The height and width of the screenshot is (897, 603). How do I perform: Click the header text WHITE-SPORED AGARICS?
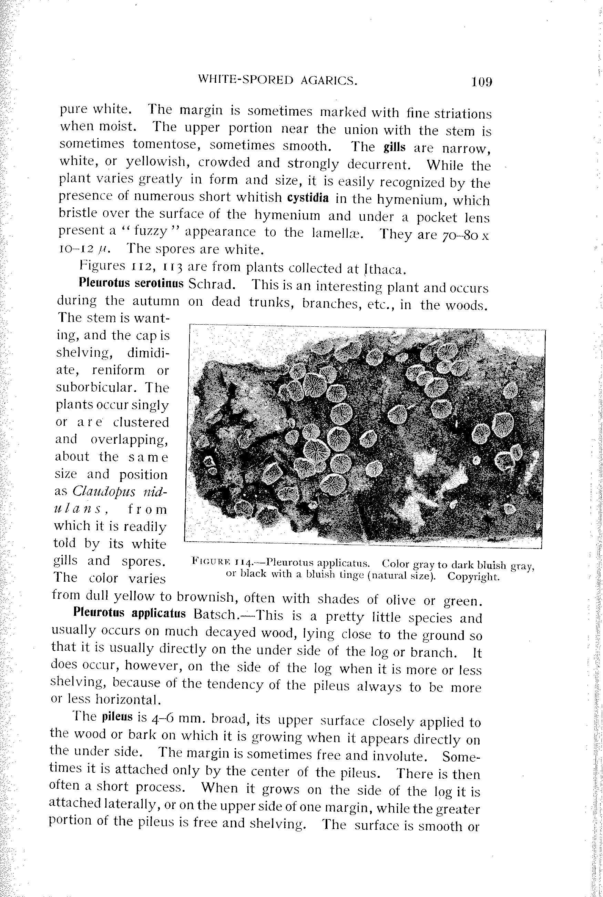coord(278,80)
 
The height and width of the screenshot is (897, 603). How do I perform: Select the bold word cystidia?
coord(308,198)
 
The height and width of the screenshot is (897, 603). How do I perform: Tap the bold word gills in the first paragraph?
coord(394,147)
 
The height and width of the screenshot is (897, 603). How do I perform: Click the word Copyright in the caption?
coord(473,577)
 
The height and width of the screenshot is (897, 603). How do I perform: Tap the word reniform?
coord(119,370)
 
